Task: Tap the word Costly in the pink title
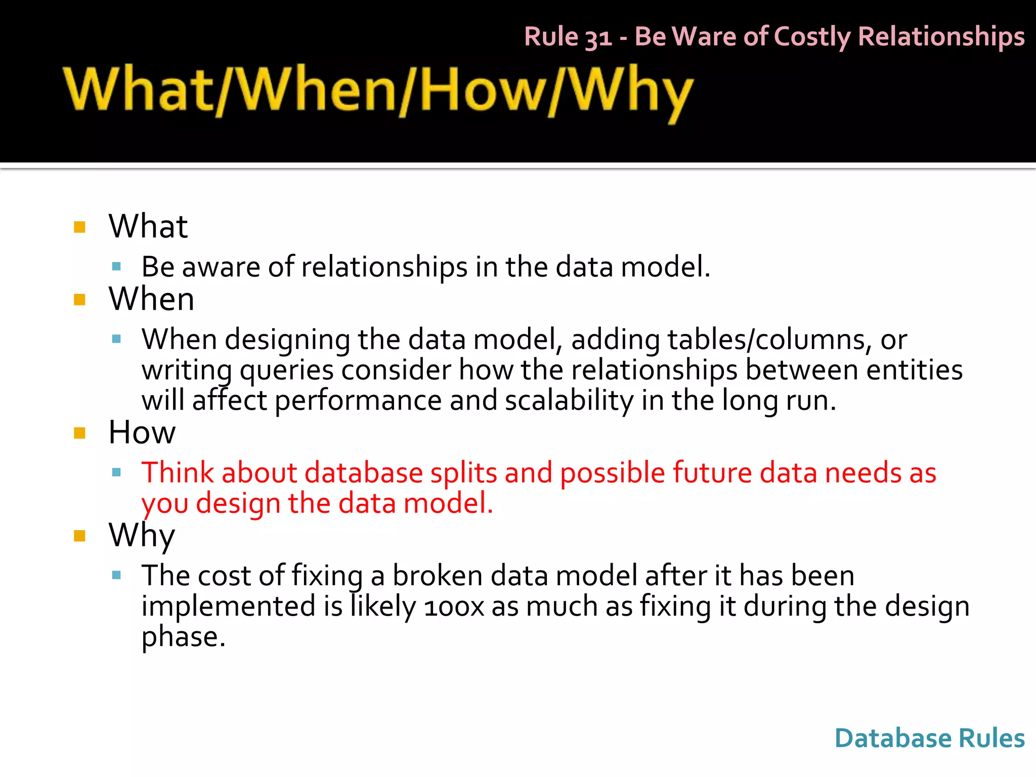812,37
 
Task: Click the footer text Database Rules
929,738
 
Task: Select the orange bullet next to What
79,227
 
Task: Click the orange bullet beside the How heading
79,433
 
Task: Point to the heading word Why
142,535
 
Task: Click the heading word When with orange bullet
151,299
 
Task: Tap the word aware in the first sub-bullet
221,267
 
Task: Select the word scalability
569,400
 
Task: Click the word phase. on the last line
183,637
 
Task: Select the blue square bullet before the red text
117,472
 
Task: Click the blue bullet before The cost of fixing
117,575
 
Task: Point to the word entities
914,370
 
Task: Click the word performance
358,400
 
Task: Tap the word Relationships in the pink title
941,37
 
